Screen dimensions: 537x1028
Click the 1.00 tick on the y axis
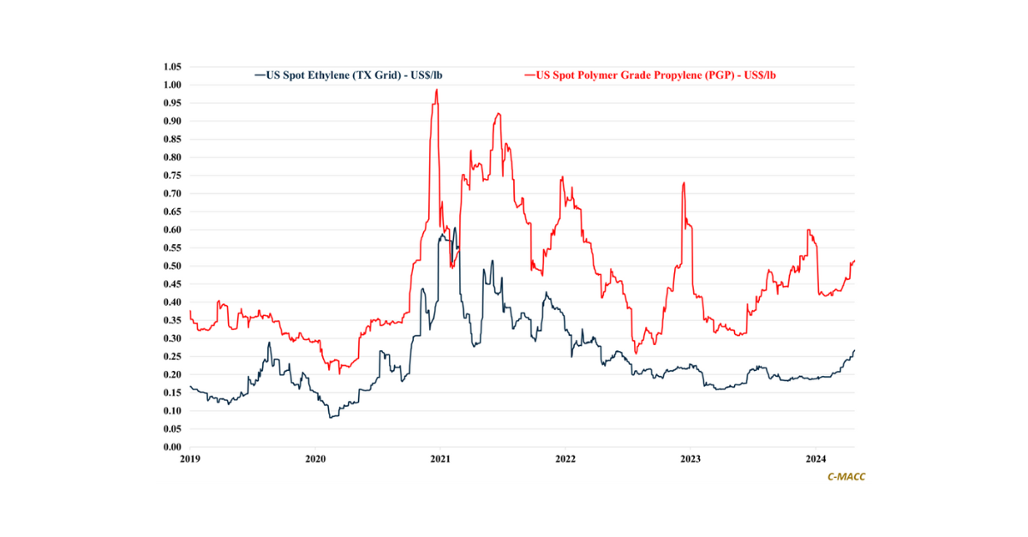tap(172, 85)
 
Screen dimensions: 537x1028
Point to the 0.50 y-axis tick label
tap(172, 266)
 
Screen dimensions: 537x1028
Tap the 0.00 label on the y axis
tap(172, 447)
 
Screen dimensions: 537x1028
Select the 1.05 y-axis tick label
tap(172, 67)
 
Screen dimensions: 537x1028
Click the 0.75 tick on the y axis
tap(172, 176)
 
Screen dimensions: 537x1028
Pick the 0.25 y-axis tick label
tap(172, 356)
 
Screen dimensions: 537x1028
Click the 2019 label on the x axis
tap(189, 460)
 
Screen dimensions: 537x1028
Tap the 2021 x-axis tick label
tap(439, 460)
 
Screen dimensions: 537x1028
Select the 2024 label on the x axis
tap(817, 460)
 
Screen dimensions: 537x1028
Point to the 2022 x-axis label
tap(565, 460)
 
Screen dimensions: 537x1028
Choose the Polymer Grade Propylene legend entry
tap(654, 75)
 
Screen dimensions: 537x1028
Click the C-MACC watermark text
tap(846, 477)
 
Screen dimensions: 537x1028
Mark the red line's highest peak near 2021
tap(437, 89)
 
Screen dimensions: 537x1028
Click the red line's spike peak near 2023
tap(683, 182)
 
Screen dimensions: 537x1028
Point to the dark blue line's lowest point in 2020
tap(330, 417)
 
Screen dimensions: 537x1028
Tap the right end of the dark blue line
tap(854, 350)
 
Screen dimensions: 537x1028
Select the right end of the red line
tap(855, 260)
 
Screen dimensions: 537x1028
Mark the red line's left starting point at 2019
tap(190, 311)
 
